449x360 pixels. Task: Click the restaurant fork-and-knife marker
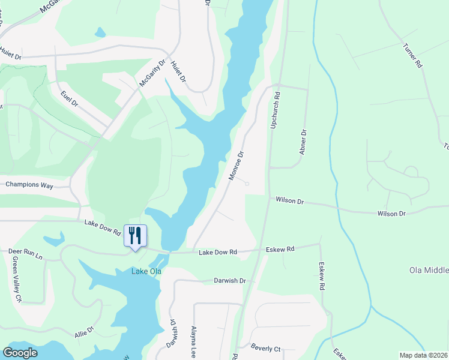[134, 234]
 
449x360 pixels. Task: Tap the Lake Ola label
[146, 271]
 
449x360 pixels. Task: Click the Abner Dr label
[303, 143]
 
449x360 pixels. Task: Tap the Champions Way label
[29, 185]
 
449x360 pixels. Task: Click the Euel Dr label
[70, 99]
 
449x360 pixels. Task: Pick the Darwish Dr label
[231, 280]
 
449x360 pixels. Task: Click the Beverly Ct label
[266, 348]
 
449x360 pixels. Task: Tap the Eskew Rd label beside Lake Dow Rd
[281, 249]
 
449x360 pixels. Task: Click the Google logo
[20, 353]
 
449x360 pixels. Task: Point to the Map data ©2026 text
[423, 355]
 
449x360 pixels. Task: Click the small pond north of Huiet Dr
[100, 32]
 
